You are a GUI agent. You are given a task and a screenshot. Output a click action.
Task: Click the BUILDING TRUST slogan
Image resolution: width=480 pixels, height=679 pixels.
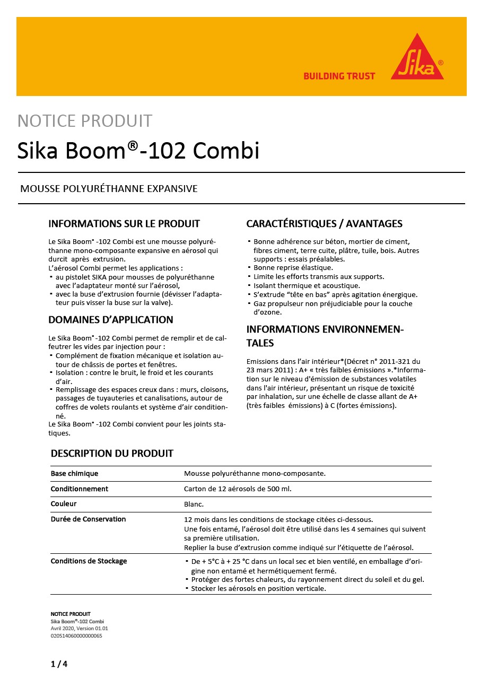pos(339,76)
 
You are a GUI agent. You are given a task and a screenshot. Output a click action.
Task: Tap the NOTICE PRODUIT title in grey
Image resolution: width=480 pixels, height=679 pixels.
pos(85,121)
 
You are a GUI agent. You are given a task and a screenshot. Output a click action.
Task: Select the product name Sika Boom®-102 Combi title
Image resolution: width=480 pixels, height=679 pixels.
pos(138,151)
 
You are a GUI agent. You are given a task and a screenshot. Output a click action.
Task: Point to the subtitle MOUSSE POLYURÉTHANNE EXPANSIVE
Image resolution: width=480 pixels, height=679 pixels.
pos(109,189)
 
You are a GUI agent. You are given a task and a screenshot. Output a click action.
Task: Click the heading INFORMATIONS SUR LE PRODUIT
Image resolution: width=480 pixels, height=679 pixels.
pos(124,223)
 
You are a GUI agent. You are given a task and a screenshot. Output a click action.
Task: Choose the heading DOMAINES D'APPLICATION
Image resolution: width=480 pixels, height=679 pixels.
pos(111,320)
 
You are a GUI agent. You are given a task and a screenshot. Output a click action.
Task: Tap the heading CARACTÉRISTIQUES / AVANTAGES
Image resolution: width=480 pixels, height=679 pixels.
pos(325,223)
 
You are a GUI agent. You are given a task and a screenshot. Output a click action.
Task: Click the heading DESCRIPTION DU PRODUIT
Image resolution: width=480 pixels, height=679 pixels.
pos(112,454)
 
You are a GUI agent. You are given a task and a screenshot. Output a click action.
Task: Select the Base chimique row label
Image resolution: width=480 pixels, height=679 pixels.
pos(74,473)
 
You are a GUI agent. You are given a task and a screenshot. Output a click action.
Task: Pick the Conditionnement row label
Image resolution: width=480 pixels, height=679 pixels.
pos(80,489)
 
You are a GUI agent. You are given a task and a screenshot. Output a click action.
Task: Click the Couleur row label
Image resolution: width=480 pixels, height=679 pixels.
pos(64,503)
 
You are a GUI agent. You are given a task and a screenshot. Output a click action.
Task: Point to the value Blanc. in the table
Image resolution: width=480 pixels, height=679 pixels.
pos(194,504)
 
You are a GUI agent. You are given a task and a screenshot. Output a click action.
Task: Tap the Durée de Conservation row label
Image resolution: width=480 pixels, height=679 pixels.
pos(88,519)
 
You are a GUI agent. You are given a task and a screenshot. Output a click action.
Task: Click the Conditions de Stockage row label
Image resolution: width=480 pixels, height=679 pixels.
pos(89,561)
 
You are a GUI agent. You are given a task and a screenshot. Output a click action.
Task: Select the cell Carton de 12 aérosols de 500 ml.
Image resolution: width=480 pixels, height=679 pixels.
pos(238,489)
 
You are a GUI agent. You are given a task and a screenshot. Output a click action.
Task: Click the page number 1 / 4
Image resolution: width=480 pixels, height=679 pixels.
pos(59,664)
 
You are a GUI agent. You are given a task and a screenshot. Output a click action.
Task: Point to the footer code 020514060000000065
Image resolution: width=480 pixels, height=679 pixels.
pos(76,636)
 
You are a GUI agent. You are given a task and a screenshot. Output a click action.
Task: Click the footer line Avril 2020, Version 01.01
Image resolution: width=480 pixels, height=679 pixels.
pos(79,628)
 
